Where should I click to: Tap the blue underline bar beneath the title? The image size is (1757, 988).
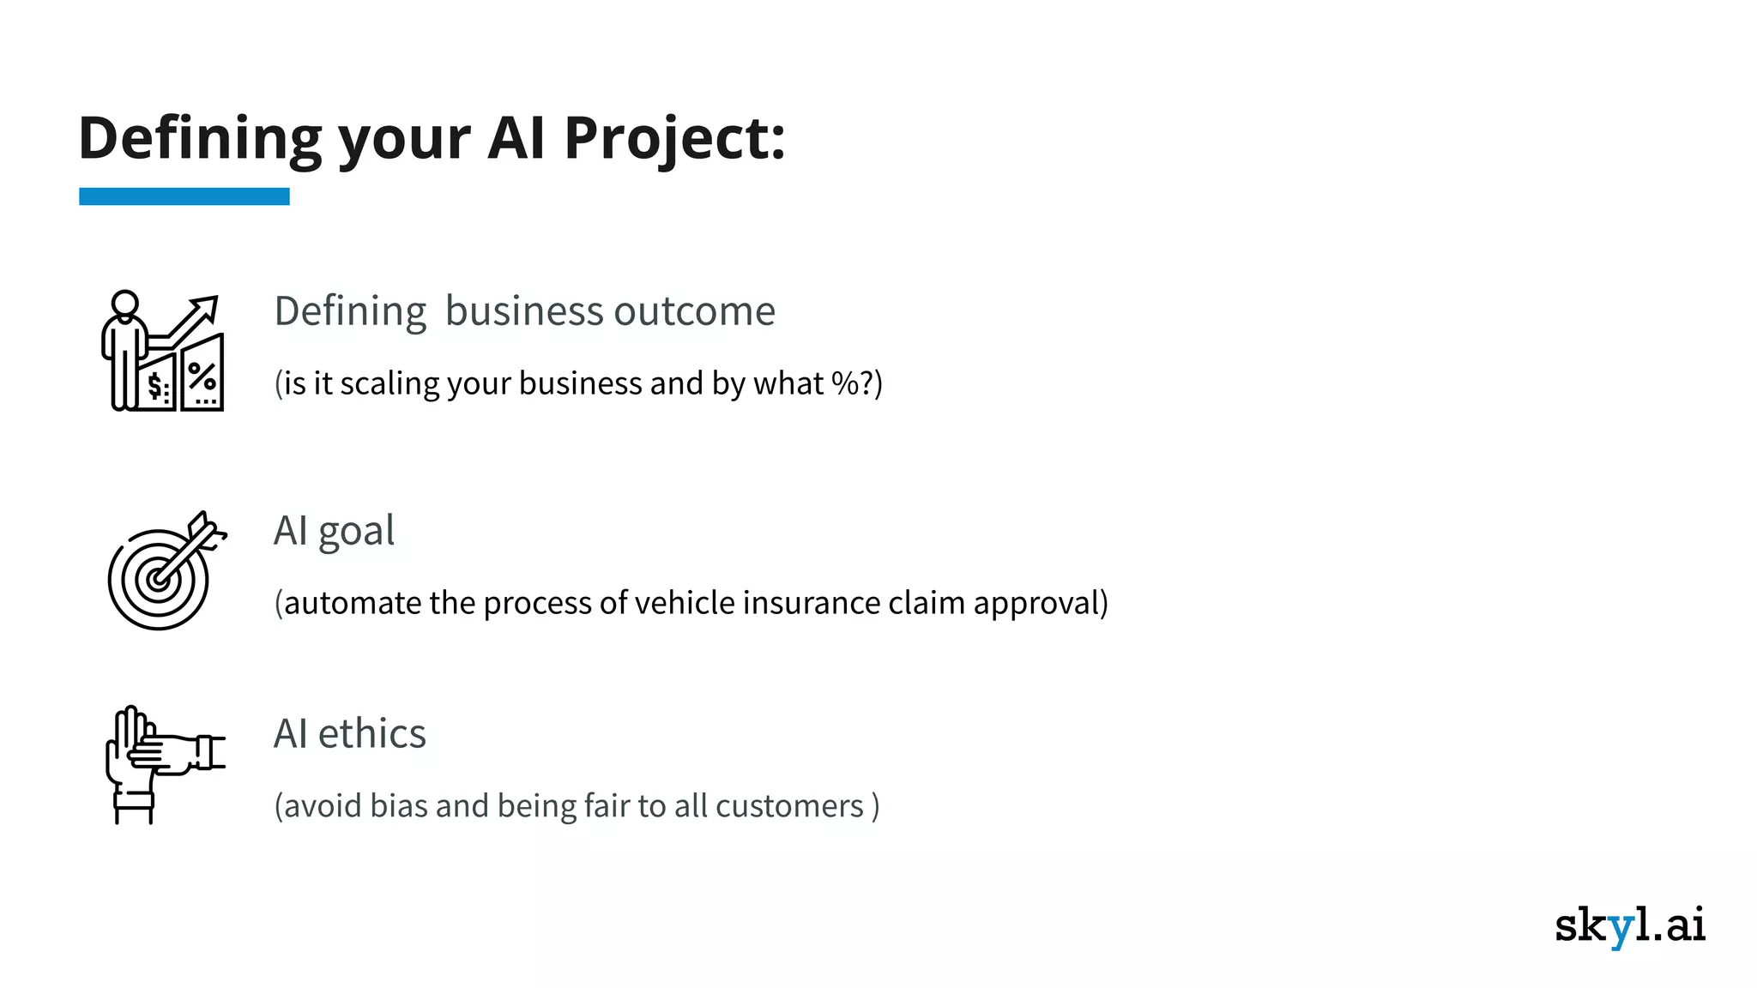coord(184,196)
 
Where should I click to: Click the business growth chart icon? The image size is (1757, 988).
coord(164,351)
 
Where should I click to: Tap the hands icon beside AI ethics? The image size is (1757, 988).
coord(162,764)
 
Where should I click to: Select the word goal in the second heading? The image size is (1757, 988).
coord(356,532)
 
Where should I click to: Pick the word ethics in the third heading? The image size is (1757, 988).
coord(371,734)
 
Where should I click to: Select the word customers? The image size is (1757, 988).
coord(789,806)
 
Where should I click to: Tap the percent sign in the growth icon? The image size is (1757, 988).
coord(202,377)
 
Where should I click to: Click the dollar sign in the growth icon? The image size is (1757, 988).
coord(154,385)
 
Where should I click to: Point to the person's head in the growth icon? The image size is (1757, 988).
coord(125,303)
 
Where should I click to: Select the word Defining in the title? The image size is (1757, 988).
coord(200,138)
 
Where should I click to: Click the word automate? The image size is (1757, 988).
coord(353,603)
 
